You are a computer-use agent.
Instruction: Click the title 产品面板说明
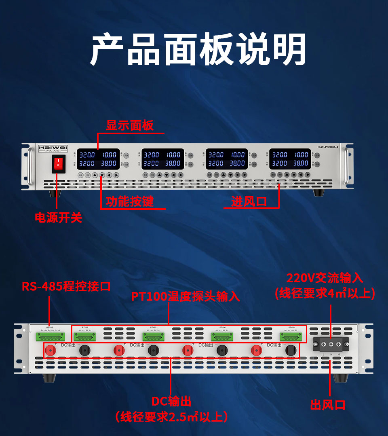pyautogui.click(x=198, y=50)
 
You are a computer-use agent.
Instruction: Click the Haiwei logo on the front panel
pyautogui.click(x=53, y=148)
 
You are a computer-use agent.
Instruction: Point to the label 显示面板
pyautogui.click(x=130, y=125)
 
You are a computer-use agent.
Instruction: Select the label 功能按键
pyautogui.click(x=130, y=201)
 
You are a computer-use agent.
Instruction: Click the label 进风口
pyautogui.click(x=249, y=201)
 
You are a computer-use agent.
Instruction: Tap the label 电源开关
pyautogui.click(x=59, y=218)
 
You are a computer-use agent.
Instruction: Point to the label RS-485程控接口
pyautogui.click(x=66, y=287)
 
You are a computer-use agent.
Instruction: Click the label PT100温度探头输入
pyautogui.click(x=186, y=296)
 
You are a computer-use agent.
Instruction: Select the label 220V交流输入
pyautogui.click(x=325, y=278)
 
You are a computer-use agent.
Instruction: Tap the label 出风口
pyautogui.click(x=328, y=404)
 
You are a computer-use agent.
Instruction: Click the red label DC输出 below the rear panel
pyautogui.click(x=171, y=401)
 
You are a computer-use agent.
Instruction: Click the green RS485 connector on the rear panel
pyautogui.click(x=50, y=337)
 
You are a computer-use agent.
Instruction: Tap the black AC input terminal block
pyautogui.click(x=331, y=345)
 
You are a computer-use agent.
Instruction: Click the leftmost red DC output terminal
pyautogui.click(x=51, y=350)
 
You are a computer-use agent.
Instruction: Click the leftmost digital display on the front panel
pyautogui.click(x=99, y=159)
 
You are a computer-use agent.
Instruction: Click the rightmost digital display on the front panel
pyautogui.click(x=290, y=159)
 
